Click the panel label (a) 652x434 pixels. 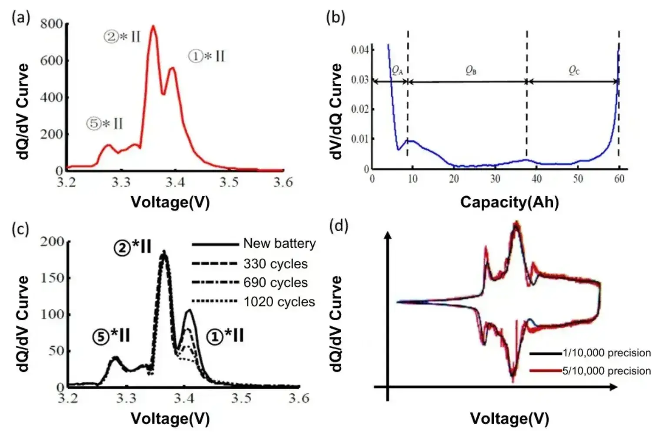21,18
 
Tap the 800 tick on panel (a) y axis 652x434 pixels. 51,23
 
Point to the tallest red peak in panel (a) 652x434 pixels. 153,27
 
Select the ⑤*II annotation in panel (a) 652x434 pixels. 105,124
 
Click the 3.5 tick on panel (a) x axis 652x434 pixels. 229,182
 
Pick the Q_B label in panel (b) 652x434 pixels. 471,70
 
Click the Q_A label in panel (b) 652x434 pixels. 397,70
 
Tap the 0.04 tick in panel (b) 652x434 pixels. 360,49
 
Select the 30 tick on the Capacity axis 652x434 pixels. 495,179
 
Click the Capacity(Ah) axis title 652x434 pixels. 509,202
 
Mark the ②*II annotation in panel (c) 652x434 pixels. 133,247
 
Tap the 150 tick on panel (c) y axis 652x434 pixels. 52,278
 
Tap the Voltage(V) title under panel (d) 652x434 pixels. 509,418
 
